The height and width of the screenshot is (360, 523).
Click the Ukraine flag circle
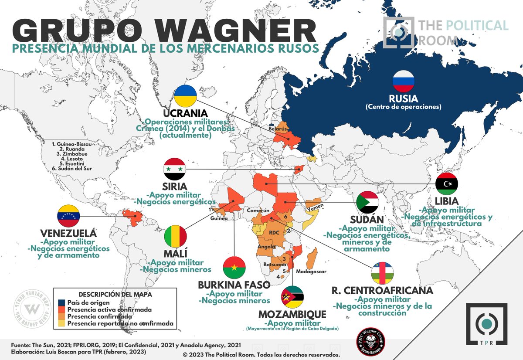click(x=185, y=96)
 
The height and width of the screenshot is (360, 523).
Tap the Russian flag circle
click(x=403, y=81)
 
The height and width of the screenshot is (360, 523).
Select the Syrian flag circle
click(x=174, y=169)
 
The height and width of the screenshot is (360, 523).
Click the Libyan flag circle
click(x=447, y=184)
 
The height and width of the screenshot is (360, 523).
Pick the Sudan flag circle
click(x=367, y=202)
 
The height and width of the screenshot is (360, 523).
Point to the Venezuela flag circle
click(x=69, y=216)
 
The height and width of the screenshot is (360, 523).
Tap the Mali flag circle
click(x=176, y=237)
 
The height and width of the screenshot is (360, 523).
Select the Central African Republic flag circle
click(x=383, y=273)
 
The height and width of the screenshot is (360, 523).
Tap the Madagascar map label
click(x=311, y=272)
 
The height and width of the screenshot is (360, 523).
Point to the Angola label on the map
click(x=266, y=246)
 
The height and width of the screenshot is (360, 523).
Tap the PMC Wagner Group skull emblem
click(x=369, y=340)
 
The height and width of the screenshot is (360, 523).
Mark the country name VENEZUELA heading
click(x=68, y=233)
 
